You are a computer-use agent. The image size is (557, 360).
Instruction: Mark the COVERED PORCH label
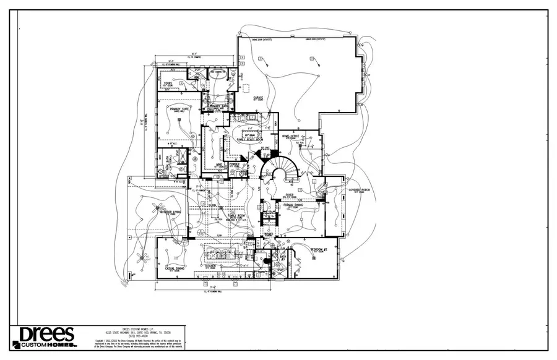coord(358,190)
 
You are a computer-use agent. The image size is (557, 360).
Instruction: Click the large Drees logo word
coord(46,335)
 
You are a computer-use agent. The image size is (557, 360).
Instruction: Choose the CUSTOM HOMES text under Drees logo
coord(46,345)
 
